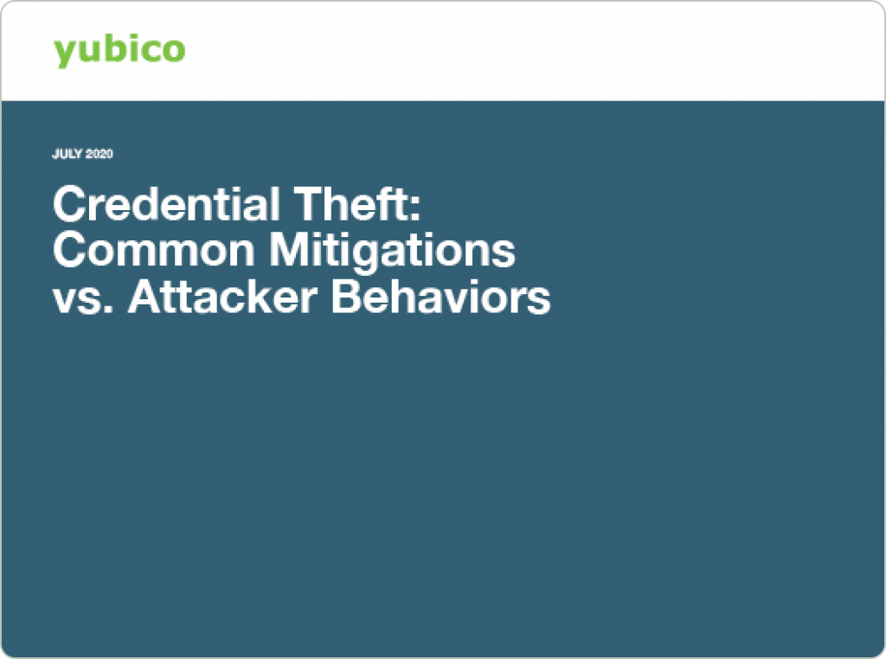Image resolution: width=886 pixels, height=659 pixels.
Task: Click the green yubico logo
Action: (x=119, y=51)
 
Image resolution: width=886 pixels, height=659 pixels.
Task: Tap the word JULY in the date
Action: (x=67, y=154)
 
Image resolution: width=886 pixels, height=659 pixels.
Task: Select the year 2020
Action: (x=100, y=154)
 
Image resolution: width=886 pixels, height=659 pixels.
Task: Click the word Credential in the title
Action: (x=166, y=204)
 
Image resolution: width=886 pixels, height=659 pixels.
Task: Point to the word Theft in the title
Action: (x=351, y=204)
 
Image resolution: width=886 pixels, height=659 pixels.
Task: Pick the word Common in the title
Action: (x=154, y=250)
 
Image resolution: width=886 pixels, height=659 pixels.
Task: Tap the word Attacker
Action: (x=222, y=297)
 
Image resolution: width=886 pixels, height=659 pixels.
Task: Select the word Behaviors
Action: (x=440, y=297)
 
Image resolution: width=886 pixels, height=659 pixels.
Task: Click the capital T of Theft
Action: (x=309, y=204)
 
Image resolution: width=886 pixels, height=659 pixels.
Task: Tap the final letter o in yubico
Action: (x=173, y=50)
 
